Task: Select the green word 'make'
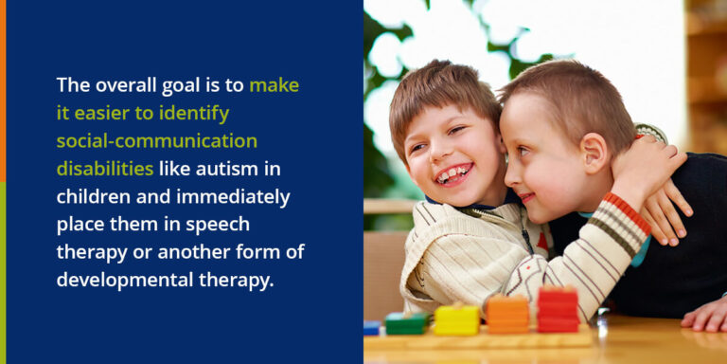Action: tap(274, 84)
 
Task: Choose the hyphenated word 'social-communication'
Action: tap(156, 140)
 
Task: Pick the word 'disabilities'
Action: tap(105, 169)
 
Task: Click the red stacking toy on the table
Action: tap(558, 310)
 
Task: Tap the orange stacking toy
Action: tap(508, 314)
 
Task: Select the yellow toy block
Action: tap(455, 319)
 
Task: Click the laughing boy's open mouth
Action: tap(452, 173)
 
